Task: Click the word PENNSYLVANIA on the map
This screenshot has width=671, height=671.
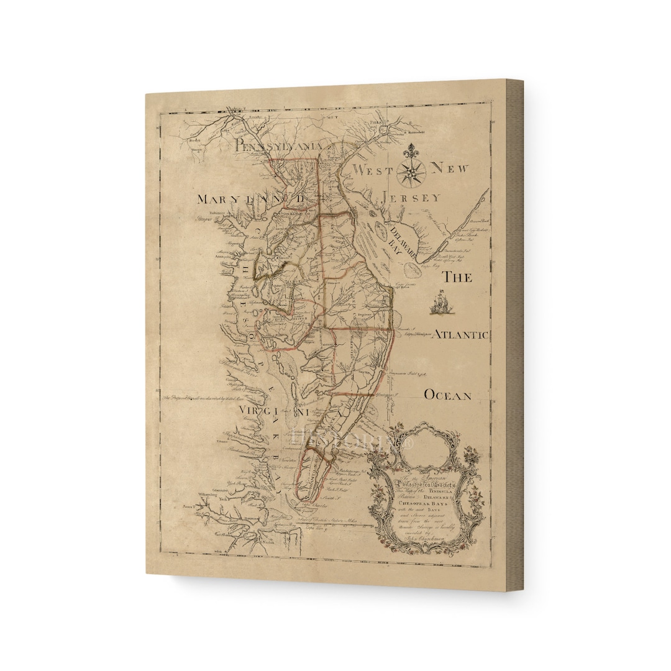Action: (x=278, y=145)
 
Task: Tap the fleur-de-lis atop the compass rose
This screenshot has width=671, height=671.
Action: (x=409, y=151)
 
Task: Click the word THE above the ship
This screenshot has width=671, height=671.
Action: (x=457, y=277)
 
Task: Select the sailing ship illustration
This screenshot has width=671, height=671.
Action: (x=439, y=304)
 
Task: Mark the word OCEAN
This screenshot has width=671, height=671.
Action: (x=447, y=395)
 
